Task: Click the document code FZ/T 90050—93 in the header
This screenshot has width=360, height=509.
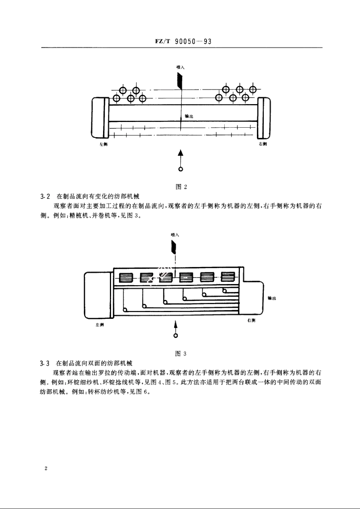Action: [183, 41]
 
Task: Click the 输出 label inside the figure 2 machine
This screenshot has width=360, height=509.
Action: [189, 116]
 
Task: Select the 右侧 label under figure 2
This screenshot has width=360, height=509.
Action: [263, 144]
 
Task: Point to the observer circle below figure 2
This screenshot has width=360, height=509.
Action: [181, 169]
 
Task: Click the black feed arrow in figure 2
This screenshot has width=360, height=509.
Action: [180, 80]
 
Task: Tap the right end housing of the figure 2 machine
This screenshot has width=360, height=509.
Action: [264, 118]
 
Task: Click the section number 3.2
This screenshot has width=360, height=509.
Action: [45, 197]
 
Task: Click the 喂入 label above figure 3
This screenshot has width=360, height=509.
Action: [175, 235]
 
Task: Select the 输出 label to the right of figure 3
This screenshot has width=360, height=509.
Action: [272, 298]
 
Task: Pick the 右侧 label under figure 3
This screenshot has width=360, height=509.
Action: [251, 320]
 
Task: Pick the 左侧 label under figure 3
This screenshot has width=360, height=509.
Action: [100, 325]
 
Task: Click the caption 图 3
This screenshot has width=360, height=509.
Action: [181, 354]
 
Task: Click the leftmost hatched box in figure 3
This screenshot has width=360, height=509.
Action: [125, 278]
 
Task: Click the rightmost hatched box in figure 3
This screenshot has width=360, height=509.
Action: [228, 277]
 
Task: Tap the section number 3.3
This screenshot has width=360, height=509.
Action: [45, 364]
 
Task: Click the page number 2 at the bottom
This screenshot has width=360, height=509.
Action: [46, 469]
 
